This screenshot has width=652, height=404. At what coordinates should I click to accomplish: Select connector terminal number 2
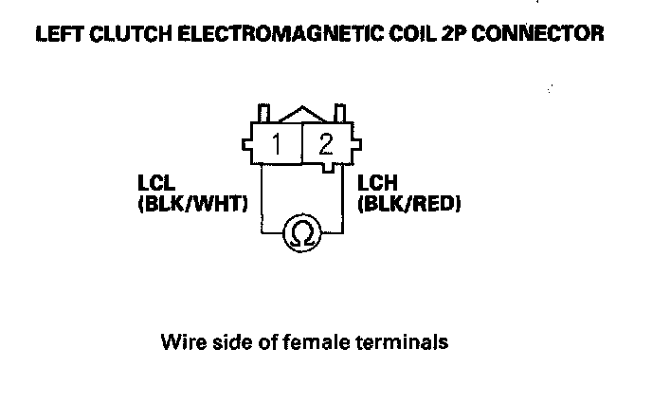click(326, 144)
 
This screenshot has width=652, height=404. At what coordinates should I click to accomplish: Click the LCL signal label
click(154, 185)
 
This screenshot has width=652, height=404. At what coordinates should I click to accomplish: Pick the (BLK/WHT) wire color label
click(191, 201)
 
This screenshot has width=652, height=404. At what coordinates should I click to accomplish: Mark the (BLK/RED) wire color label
click(407, 201)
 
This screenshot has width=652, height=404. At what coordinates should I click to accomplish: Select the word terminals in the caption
click(402, 340)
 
